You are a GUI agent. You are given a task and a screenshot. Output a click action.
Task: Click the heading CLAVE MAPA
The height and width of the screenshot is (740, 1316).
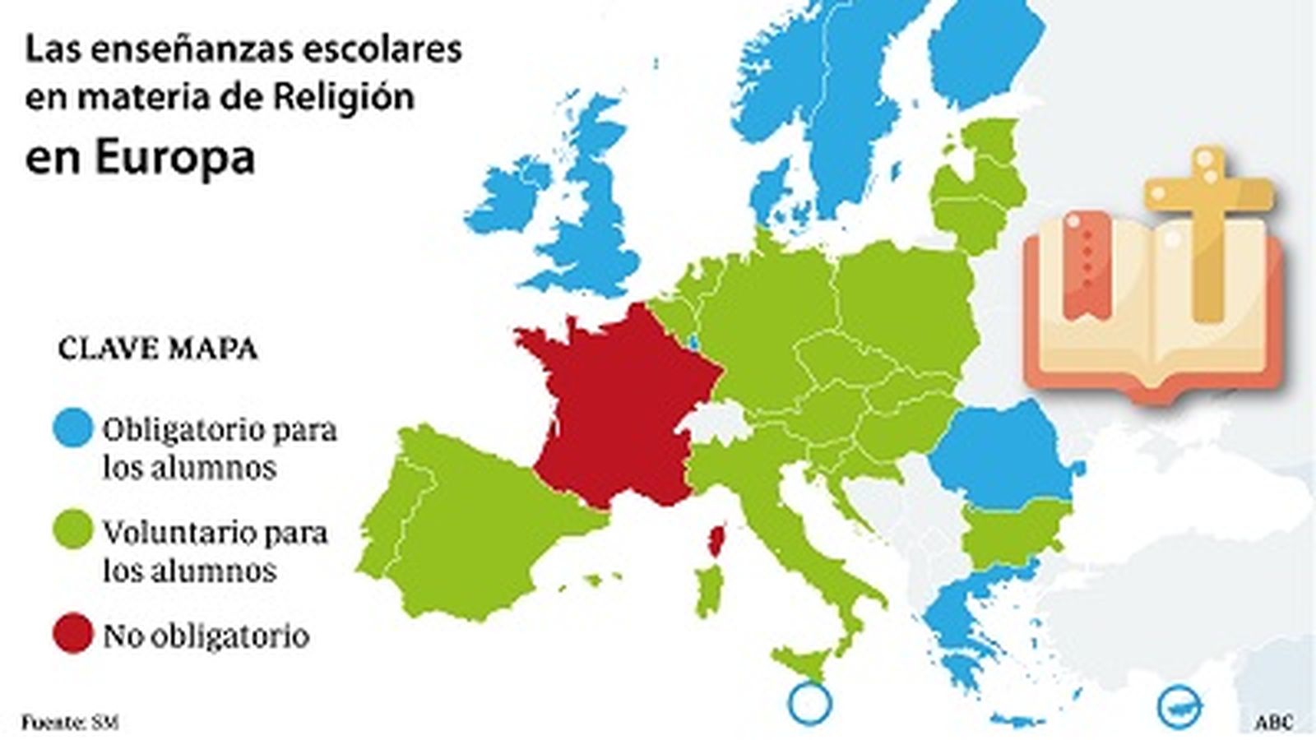click(x=158, y=349)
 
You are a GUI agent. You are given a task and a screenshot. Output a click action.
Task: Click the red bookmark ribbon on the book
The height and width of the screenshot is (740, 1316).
click(x=1087, y=263)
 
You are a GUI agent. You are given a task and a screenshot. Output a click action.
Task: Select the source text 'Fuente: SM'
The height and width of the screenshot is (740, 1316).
click(x=69, y=723)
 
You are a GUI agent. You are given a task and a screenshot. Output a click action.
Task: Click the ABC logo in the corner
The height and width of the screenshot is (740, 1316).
click(x=1272, y=723)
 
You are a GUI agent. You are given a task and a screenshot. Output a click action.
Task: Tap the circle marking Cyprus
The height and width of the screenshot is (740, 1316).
click(x=1179, y=705)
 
